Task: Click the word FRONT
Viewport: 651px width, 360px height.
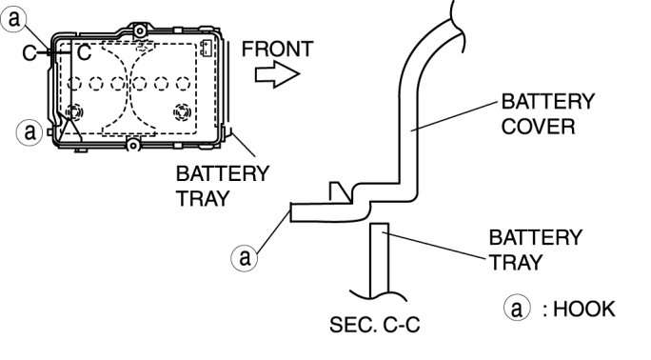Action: point(277,49)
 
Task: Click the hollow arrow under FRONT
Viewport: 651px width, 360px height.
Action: point(277,74)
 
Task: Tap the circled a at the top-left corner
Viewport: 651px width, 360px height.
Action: point(13,19)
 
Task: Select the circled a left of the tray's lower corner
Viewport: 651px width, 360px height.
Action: point(30,132)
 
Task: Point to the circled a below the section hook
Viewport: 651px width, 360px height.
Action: point(244,257)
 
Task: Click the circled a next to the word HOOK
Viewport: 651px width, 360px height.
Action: point(517,309)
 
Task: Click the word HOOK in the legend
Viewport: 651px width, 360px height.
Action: point(583,310)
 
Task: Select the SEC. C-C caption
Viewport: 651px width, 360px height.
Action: point(374,325)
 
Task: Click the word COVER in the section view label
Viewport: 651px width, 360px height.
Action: point(538,127)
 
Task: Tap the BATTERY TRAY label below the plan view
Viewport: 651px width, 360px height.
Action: point(223,186)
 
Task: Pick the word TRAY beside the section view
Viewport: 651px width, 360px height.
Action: point(516,263)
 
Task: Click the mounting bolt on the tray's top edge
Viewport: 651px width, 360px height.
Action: point(140,30)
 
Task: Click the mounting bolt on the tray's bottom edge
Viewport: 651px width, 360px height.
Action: point(133,146)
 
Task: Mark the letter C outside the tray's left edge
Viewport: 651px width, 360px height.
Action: point(30,53)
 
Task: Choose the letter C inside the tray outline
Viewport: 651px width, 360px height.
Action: point(84,52)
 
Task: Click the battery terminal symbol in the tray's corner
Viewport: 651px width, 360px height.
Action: point(207,48)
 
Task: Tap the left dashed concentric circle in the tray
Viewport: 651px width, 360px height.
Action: point(74,112)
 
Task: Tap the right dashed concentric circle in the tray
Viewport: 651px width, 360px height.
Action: point(183,112)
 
